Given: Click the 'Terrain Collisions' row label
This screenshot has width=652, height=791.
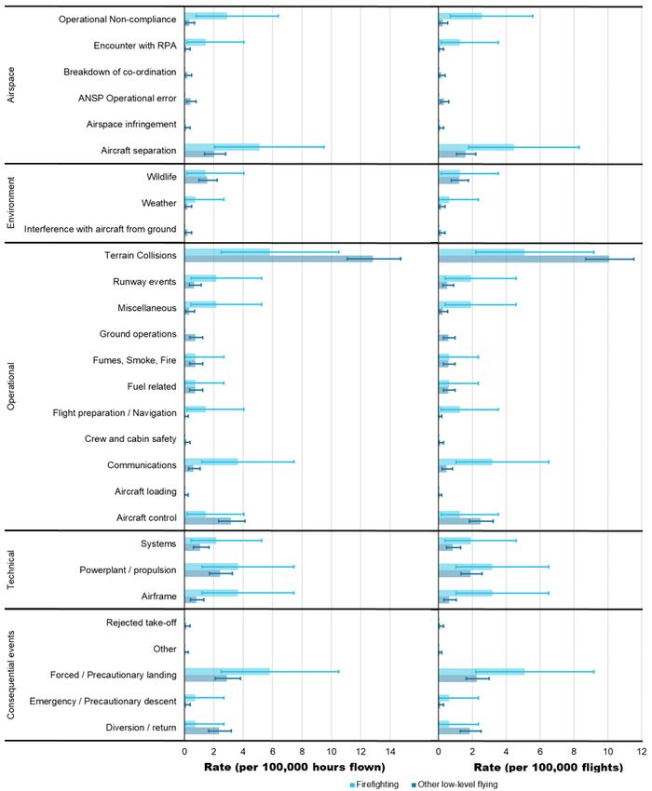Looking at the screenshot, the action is [141, 255].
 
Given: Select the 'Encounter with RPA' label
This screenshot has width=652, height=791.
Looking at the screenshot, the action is [135, 46].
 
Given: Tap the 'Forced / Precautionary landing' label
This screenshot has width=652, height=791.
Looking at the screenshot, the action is [113, 675].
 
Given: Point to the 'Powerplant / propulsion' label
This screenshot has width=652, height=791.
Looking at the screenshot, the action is [128, 570].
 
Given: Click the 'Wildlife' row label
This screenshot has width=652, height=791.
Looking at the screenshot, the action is [162, 177].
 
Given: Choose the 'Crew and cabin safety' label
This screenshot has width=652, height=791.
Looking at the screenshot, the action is [130, 439].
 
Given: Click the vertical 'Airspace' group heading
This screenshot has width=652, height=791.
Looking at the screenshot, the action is [10, 86].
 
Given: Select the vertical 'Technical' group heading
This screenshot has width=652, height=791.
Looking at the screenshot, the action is [10, 570].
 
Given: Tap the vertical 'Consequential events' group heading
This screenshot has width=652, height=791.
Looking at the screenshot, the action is [10, 675].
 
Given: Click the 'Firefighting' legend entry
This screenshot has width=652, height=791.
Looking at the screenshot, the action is [374, 784].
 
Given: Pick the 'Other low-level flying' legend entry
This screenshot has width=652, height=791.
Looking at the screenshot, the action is [455, 784].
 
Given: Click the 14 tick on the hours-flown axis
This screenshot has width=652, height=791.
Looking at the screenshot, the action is [390, 752].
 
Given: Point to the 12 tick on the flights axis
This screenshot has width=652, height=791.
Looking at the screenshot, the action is [642, 752].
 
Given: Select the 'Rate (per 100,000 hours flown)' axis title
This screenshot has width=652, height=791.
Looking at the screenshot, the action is [294, 768].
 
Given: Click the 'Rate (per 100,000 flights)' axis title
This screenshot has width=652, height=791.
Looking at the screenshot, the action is [549, 768].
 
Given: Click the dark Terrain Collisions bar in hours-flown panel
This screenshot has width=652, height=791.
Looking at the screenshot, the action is [278, 259].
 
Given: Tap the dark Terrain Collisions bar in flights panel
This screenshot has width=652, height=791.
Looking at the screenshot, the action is [523, 259].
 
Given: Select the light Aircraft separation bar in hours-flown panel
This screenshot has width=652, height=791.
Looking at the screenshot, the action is [223, 147].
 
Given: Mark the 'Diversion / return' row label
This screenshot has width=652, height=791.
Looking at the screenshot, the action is [141, 728].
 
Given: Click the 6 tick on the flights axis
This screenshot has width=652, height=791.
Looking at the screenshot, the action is [540, 752].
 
